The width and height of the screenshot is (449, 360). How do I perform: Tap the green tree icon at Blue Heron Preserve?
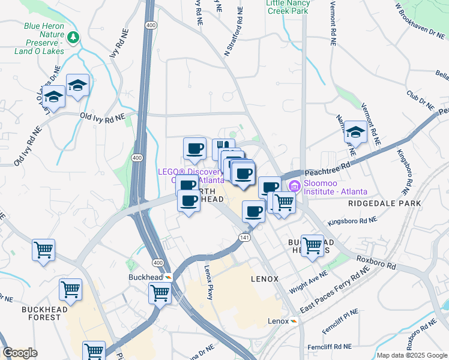[73, 38]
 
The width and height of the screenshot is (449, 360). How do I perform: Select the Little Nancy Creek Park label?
[287, 7]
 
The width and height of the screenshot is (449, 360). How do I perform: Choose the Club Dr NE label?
[420, 100]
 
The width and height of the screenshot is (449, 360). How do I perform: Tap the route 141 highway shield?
[246, 236]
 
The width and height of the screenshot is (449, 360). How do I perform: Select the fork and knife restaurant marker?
[223, 148]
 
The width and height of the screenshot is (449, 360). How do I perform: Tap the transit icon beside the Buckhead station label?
[169, 277]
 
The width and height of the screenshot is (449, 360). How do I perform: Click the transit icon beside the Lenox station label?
[294, 322]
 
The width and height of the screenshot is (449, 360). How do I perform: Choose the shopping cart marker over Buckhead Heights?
[312, 245]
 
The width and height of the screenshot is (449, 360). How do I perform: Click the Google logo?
[20, 353]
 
